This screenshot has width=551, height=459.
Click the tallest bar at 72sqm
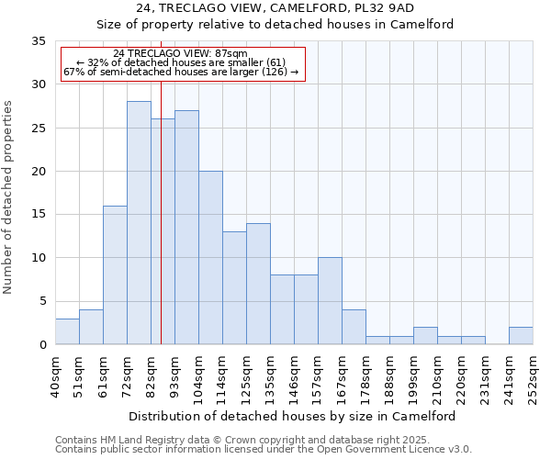[x=139, y=223]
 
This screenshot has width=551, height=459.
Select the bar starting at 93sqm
[x=186, y=228]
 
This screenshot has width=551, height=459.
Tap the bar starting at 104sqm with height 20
[x=210, y=258]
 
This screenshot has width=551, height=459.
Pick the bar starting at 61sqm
[x=115, y=275]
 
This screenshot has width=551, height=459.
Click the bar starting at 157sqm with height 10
[x=330, y=301]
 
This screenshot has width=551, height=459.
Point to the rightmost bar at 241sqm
[x=521, y=336]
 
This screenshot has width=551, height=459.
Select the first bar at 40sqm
[x=67, y=331]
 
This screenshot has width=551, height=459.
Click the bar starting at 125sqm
[x=258, y=284]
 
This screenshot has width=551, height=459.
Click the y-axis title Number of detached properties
[x=10, y=198]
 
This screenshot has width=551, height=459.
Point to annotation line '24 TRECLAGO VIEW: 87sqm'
[x=181, y=54]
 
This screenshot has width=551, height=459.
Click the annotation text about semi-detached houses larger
[x=181, y=72]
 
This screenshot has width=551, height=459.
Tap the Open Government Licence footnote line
[x=264, y=449]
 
